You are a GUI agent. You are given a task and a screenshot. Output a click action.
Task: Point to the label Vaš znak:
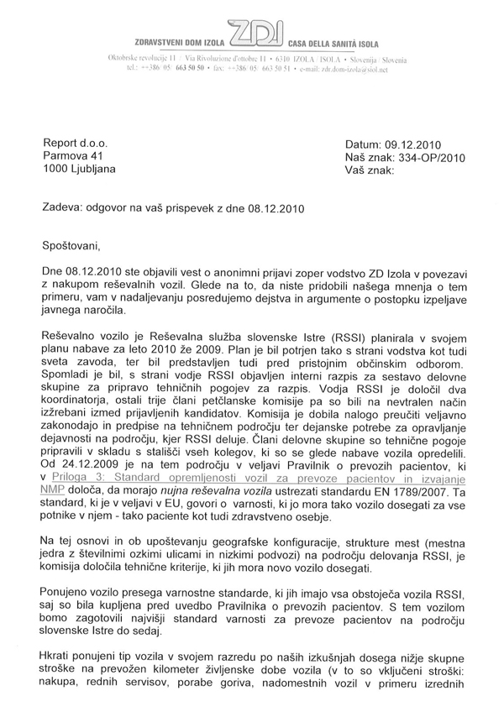point(370,170)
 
